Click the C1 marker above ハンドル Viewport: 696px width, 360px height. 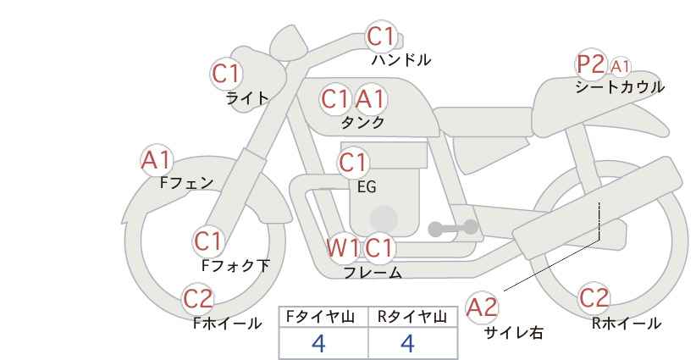[381, 36]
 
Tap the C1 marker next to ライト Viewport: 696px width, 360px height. [226, 74]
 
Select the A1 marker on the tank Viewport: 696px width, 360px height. [370, 99]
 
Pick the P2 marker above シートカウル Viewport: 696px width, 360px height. [590, 64]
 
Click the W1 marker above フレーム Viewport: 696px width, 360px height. [343, 247]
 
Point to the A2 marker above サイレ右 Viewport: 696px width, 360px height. [483, 307]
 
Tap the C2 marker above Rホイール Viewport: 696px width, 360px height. [594, 298]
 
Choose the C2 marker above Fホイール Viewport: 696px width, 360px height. [198, 299]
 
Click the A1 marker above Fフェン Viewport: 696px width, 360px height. [157, 160]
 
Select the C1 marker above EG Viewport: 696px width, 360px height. [353, 163]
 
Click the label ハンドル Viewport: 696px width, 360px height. [401, 60]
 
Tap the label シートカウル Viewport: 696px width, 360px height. [620, 87]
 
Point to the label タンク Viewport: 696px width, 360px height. [362, 122]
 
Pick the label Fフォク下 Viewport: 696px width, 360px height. [235, 265]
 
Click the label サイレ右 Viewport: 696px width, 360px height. [513, 333]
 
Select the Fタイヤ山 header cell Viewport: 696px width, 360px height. [323, 318]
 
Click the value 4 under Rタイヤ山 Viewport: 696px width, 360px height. [407, 343]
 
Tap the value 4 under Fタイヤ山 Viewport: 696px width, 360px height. [318, 343]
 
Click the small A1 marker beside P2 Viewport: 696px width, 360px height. [620, 67]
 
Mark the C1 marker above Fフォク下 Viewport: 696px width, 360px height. [207, 241]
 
